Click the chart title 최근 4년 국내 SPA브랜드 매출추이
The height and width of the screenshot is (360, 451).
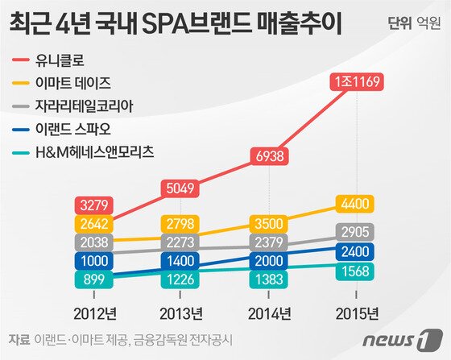coord(174,24)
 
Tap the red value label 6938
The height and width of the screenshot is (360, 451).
coord(267,155)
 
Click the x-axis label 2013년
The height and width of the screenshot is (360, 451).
coord(182,312)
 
